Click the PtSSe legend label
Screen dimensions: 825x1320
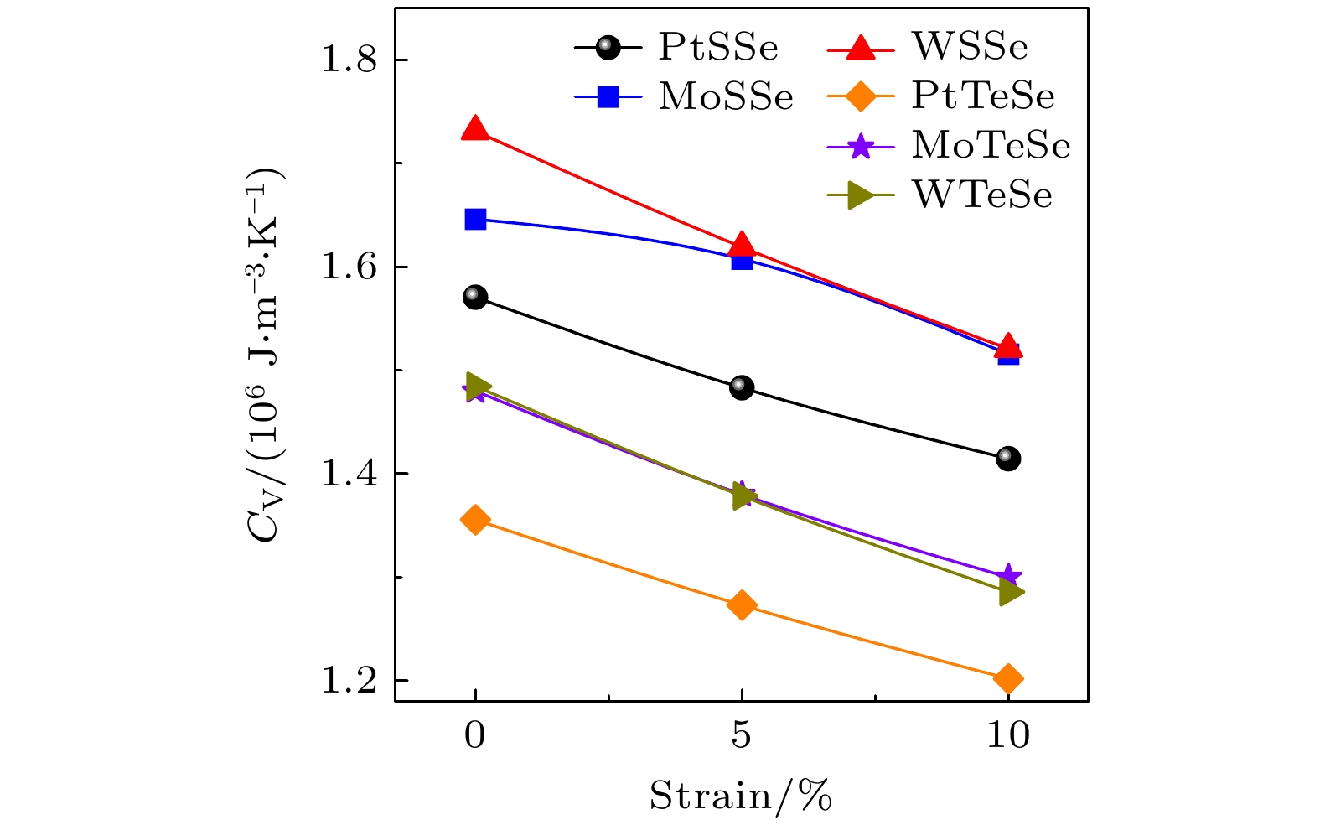pos(718,47)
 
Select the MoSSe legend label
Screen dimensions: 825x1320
pos(726,97)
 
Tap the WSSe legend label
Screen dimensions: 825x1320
pos(970,47)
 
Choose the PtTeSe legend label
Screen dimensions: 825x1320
pos(983,97)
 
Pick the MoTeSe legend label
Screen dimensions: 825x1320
pos(991,146)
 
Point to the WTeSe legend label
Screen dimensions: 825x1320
pos(981,195)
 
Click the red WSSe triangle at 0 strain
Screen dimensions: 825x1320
pos(475,129)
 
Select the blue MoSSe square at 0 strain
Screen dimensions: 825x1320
pos(475,220)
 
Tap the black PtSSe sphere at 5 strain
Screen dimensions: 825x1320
pos(742,387)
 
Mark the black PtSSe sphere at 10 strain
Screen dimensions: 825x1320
pos(1008,459)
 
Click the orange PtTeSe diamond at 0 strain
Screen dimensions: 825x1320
pos(475,520)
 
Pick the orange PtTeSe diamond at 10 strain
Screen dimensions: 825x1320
pos(1008,678)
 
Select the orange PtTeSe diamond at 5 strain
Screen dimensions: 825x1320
pos(742,604)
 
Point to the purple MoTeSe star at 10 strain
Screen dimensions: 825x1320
pos(1008,576)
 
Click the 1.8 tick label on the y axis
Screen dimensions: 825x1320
pos(350,61)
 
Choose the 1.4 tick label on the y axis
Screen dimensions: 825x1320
pos(350,475)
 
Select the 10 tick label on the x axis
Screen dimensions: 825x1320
pos(1008,736)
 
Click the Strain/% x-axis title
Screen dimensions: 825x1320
pos(741,796)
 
